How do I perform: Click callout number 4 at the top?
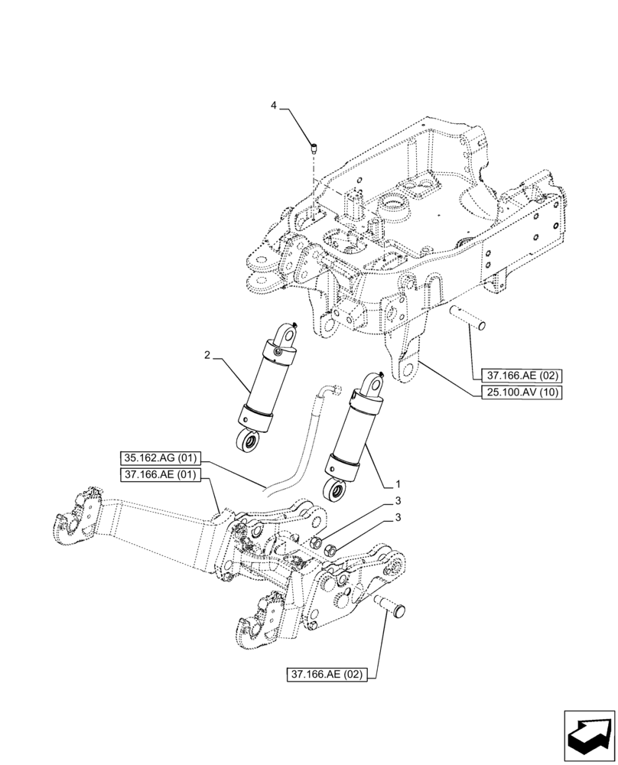point(274,106)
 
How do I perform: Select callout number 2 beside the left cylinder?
point(207,355)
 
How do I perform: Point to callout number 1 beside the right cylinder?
point(397,484)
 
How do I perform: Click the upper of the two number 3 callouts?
point(397,501)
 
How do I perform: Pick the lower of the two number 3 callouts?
point(397,519)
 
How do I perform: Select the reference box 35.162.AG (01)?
point(159,458)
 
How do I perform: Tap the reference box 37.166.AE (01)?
point(159,475)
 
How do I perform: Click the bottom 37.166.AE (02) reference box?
point(327,674)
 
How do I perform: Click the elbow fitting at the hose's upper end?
point(331,391)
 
